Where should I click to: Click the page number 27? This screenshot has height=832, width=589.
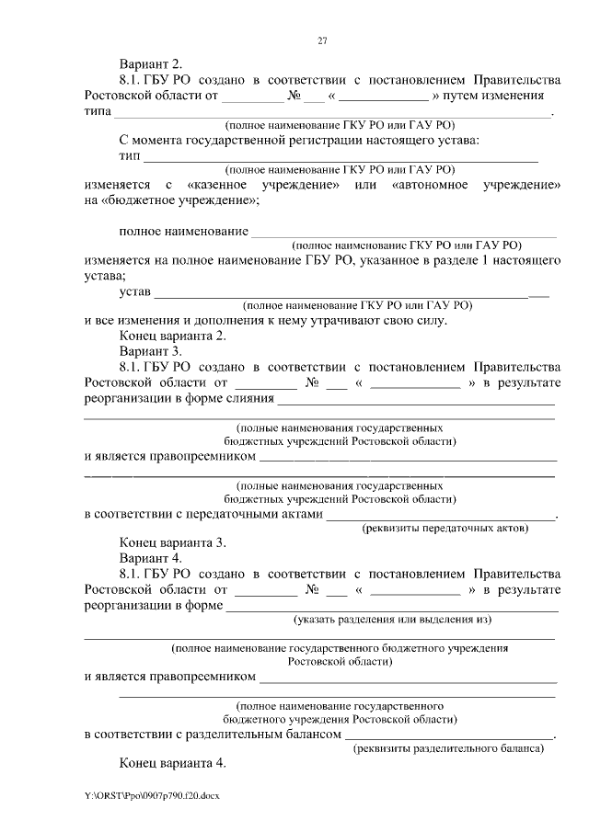pos(322,40)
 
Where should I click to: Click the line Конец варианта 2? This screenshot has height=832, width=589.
pos(172,336)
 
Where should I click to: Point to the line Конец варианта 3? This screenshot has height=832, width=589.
pos(172,542)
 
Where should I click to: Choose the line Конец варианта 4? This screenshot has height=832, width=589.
pos(172,764)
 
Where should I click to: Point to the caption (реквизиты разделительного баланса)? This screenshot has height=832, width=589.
pos(448,749)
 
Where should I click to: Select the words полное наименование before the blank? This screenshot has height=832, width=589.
pos(183,230)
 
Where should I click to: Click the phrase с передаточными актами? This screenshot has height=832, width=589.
pos(243,514)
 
